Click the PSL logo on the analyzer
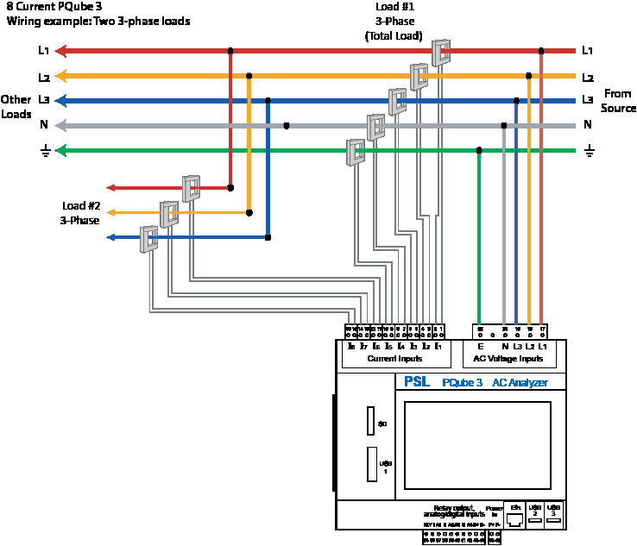[417, 382]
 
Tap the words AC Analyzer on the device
[520, 382]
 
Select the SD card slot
[370, 422]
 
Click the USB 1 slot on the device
[371, 467]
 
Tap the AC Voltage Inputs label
[508, 358]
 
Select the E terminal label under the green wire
[480, 346]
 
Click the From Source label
[618, 101]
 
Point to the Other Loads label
[16, 106]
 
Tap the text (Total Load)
[394, 36]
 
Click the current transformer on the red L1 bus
[441, 53]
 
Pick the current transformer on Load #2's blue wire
[150, 238]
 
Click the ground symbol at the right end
[590, 151]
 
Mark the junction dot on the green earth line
[479, 150]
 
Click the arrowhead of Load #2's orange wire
[111, 212]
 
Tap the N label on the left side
[43, 125]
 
